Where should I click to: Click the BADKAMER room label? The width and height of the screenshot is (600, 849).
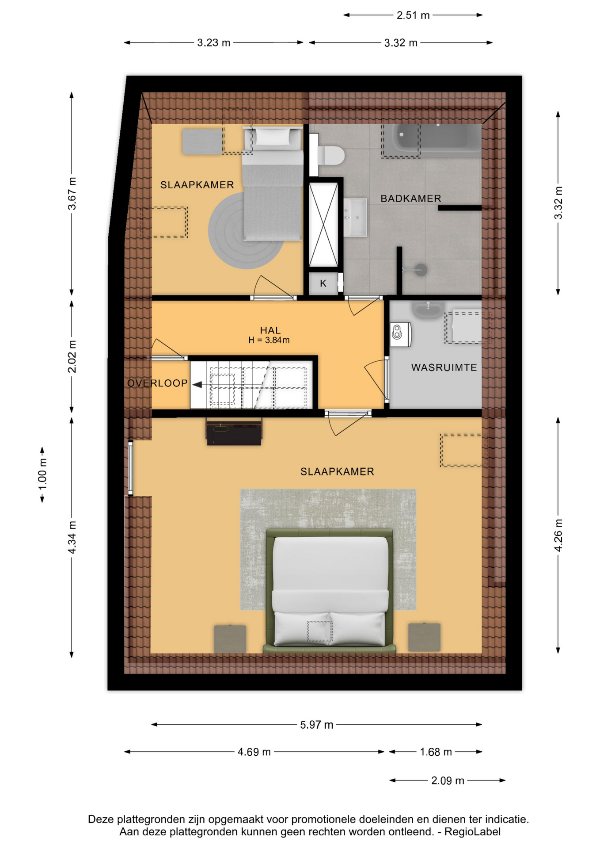(411, 199)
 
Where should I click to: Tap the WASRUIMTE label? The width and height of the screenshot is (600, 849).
(444, 367)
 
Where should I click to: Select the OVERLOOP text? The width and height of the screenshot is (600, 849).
(157, 383)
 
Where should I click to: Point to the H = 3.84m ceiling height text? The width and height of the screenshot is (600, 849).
(269, 340)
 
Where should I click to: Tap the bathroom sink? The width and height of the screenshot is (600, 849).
(355, 217)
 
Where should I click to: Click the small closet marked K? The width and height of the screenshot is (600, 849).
(323, 283)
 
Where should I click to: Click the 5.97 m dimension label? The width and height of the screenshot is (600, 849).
(316, 725)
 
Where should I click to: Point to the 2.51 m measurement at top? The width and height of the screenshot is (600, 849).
(413, 15)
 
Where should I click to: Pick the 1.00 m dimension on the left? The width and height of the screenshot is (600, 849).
(42, 474)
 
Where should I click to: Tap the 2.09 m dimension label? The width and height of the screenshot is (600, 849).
(448, 780)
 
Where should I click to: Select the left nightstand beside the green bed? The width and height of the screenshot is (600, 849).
(230, 638)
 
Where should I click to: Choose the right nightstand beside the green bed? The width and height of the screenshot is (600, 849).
(424, 637)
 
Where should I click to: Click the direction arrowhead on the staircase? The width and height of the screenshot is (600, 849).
(197, 385)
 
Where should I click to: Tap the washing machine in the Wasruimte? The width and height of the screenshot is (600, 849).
(401, 334)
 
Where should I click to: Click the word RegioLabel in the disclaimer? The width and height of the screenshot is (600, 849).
(472, 832)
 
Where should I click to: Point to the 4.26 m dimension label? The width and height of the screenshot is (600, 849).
(558, 535)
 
